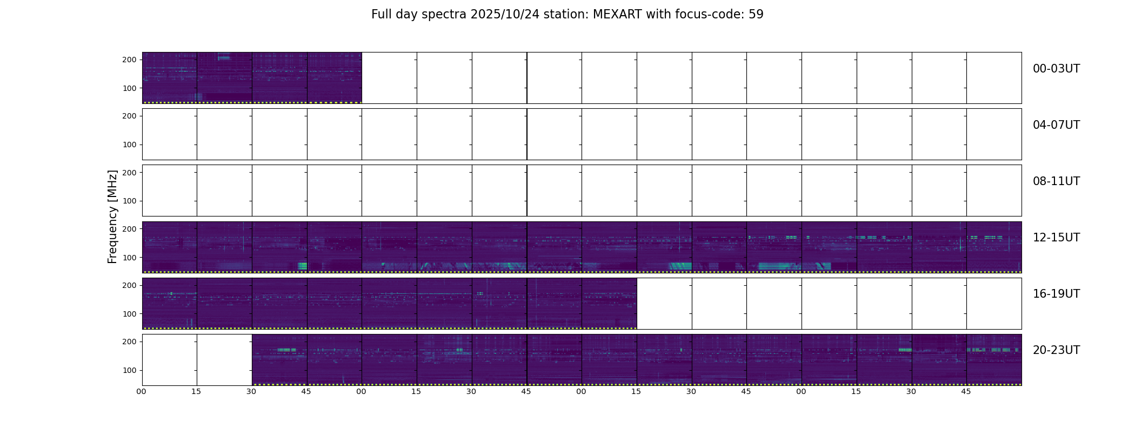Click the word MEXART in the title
[x=616, y=15]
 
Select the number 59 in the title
[x=756, y=15]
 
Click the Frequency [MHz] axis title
[x=112, y=216]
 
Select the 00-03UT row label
[x=1056, y=69]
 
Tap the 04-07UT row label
[x=1056, y=125]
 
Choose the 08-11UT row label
[x=1056, y=181]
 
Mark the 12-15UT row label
[x=1056, y=238]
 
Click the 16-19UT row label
[x=1056, y=294]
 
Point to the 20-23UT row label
[x=1056, y=350]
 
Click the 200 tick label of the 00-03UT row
[x=129, y=60]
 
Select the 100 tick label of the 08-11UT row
[x=129, y=201]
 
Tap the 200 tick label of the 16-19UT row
[x=129, y=285]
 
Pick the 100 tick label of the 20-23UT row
[x=129, y=370]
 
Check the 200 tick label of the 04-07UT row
[x=129, y=116]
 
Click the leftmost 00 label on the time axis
[x=141, y=391]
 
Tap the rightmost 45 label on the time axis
[x=966, y=391]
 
